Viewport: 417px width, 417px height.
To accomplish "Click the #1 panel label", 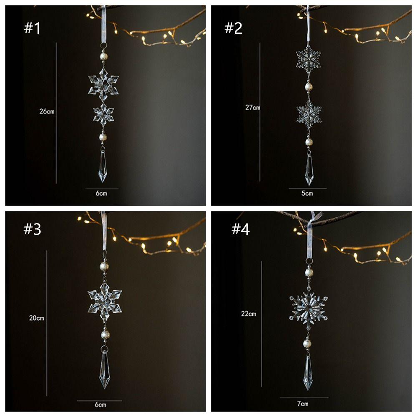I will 32,28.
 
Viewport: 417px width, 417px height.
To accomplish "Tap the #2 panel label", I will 234,28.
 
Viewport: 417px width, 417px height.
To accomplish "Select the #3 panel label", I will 33,229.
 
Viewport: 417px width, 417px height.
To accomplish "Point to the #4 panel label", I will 240,229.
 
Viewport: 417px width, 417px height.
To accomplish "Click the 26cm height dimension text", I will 47,112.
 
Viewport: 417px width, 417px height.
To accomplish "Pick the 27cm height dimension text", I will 252,108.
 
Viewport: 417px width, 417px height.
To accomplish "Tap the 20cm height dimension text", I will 36,318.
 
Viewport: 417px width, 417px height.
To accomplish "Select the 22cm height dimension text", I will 249,314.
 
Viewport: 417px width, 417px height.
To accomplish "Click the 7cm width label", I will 303,404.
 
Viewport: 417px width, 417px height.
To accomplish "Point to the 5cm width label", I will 307,193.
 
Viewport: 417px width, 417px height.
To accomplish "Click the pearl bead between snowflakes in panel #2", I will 309,86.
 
